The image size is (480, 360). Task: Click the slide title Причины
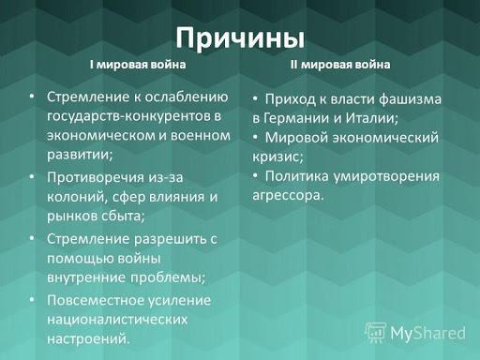(240, 38)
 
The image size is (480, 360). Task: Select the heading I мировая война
(138, 65)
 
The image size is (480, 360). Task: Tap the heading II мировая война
(340, 65)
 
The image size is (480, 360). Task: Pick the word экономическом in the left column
(100, 136)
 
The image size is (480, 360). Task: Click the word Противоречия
(96, 178)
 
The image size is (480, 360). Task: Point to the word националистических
(117, 320)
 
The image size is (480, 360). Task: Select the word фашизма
(410, 99)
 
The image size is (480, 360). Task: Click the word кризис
(277, 157)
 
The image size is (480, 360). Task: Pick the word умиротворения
(386, 176)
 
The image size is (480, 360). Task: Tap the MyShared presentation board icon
(376, 333)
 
